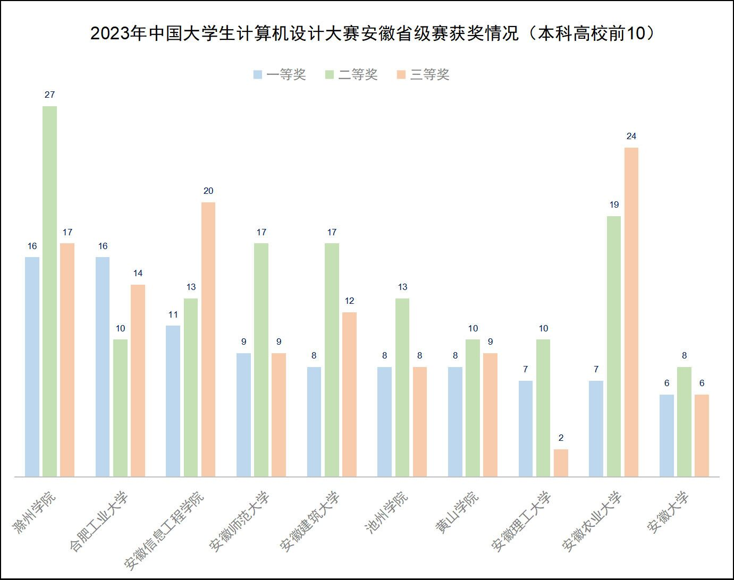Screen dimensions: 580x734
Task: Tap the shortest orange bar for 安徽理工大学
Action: (x=561, y=463)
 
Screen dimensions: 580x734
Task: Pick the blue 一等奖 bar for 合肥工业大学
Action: (x=103, y=366)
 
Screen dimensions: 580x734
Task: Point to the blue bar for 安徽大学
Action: (x=666, y=435)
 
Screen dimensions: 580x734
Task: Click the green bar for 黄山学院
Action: (x=473, y=407)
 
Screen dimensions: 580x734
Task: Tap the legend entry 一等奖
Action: (x=280, y=75)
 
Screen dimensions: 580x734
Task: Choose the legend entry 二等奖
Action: (x=351, y=75)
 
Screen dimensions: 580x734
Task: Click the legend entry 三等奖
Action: (x=423, y=75)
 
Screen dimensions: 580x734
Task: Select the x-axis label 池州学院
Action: (x=387, y=512)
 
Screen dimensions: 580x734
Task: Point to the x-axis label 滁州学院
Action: (x=35, y=512)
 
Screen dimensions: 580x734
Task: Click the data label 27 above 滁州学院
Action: (x=49, y=95)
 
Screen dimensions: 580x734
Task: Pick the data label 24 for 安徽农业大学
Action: (x=631, y=137)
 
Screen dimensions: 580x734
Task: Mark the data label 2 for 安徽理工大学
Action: (x=561, y=438)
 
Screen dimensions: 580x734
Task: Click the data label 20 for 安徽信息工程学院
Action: (x=208, y=191)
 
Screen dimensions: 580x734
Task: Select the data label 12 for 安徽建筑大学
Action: (x=349, y=301)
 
